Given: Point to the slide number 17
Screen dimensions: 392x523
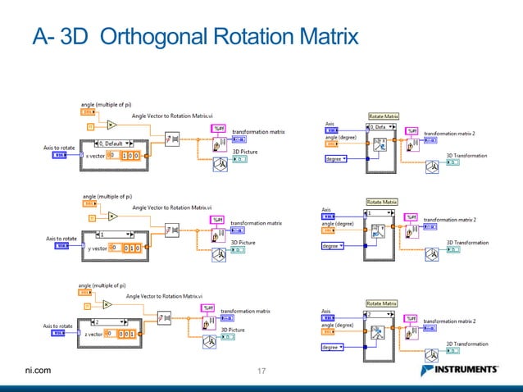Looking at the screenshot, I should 262,371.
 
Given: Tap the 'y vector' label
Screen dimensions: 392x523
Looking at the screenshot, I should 97,247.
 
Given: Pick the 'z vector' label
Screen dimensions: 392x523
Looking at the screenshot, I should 91,334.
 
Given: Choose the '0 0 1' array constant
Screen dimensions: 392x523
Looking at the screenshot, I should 126,334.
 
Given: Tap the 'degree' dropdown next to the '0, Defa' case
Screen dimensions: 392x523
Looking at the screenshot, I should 336,158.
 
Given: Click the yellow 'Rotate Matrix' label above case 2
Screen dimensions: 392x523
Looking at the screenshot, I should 382,304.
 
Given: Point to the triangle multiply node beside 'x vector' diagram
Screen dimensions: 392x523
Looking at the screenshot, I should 111,125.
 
